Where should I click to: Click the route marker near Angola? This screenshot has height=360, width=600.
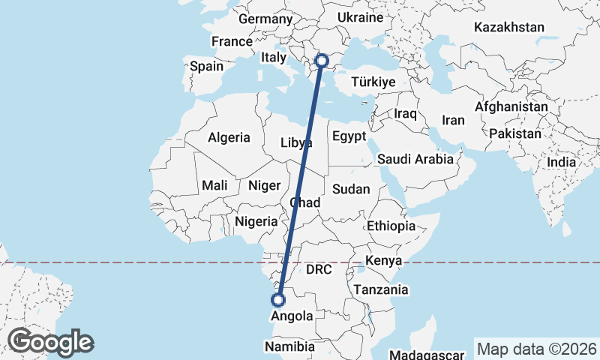[278, 300]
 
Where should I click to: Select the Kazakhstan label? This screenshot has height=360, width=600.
[509, 27]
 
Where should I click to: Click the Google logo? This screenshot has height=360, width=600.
[50, 341]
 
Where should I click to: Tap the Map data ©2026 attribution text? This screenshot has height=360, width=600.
[536, 349]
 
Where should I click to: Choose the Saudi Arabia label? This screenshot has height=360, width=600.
[415, 159]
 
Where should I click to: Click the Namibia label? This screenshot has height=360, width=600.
[289, 346]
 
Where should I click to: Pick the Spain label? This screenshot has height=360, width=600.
[206, 66]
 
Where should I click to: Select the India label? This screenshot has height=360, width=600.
[562, 162]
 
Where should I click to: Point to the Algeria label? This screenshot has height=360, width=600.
[229, 137]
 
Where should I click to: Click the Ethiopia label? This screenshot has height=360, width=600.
[391, 226]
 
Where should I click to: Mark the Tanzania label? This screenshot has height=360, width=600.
[382, 289]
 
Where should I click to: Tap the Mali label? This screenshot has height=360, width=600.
[215, 185]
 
